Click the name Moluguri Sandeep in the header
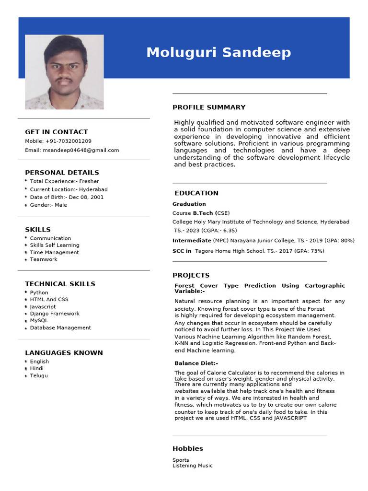coord(218,52)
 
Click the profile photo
coord(64,72)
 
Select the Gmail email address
coord(81,150)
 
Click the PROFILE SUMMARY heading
coord(209,107)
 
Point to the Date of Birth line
coord(67,197)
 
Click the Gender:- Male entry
coord(48,205)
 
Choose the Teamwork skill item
coord(44,259)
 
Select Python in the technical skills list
coord(39,292)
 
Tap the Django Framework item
coord(55,314)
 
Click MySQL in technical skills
coord(39,321)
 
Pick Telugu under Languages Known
coord(39,376)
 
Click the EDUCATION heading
coord(196,193)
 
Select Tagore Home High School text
coord(229,251)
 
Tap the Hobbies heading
coord(188,449)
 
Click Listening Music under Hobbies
coord(193,466)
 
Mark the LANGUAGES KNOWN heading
coord(64,353)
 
